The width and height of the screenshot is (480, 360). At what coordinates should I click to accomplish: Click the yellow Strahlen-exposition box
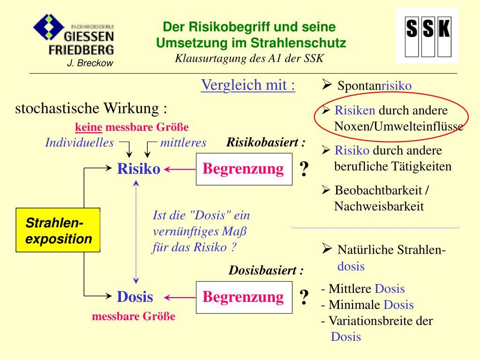click(x=58, y=230)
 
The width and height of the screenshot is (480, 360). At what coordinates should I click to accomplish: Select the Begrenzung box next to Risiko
click(x=243, y=169)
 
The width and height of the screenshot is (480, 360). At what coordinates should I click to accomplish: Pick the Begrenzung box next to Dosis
click(x=243, y=297)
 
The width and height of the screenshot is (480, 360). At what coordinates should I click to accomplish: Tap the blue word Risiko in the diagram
click(x=138, y=169)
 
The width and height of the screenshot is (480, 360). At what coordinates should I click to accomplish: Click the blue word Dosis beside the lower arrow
click(x=135, y=297)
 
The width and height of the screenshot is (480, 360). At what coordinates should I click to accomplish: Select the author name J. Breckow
click(x=90, y=63)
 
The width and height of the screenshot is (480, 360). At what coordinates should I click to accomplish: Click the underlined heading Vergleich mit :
click(x=248, y=85)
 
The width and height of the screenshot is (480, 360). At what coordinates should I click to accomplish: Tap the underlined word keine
click(x=89, y=127)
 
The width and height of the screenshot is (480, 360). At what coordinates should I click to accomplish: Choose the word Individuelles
click(x=79, y=143)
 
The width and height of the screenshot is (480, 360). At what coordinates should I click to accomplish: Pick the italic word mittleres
click(x=183, y=143)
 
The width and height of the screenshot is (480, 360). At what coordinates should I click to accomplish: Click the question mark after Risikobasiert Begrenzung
click(x=304, y=169)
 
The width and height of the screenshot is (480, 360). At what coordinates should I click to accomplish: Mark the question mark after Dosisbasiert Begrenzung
click(x=304, y=297)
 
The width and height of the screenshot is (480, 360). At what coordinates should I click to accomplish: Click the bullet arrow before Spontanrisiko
click(x=327, y=85)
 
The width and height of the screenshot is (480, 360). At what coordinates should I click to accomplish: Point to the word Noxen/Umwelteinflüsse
click(x=398, y=127)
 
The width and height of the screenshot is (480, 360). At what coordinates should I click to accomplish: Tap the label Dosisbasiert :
click(x=266, y=271)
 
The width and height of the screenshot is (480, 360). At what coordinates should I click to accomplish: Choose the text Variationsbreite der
click(x=380, y=321)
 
